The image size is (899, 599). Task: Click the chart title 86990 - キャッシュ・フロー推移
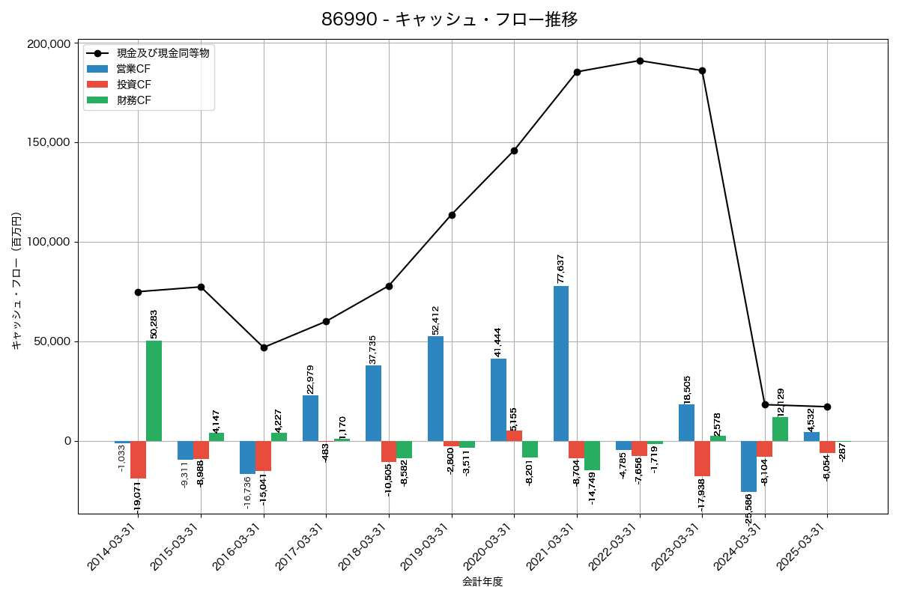(x=449, y=19)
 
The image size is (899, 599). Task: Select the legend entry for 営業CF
(x=133, y=69)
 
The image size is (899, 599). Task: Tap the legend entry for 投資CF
(x=133, y=85)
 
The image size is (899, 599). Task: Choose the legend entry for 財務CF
(x=133, y=100)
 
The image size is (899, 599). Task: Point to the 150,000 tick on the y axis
(x=49, y=142)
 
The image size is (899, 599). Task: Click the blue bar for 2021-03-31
(x=561, y=363)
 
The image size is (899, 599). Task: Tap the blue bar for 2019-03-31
(x=435, y=389)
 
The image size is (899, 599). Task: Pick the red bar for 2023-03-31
(x=702, y=458)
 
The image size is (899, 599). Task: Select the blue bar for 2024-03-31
(x=748, y=466)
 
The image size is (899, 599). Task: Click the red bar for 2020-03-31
(x=514, y=436)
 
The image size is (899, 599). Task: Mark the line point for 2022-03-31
(x=640, y=61)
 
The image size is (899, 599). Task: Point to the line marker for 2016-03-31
(x=264, y=347)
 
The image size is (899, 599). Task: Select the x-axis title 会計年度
(x=482, y=582)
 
